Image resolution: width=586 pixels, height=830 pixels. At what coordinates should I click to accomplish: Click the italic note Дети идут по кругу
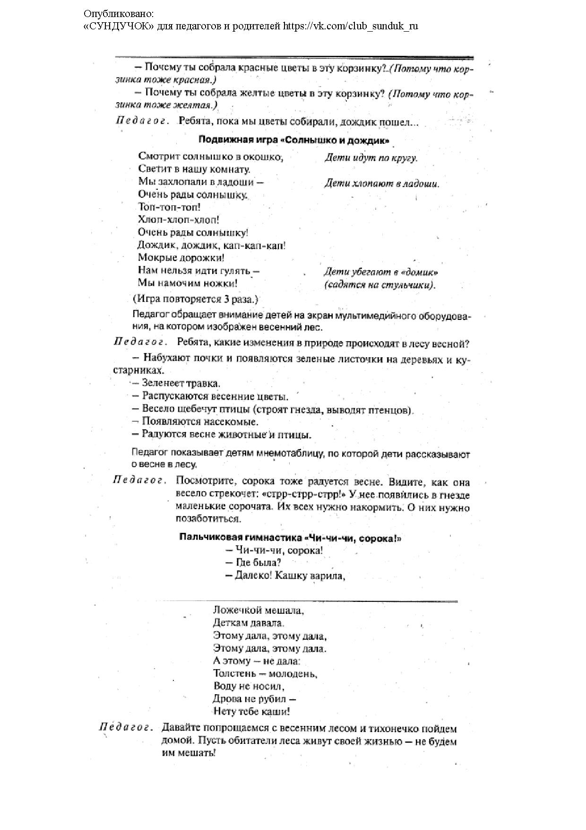pyautogui.click(x=371, y=159)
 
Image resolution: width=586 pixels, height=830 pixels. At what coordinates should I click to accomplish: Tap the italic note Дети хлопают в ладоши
pyautogui.click(x=381, y=184)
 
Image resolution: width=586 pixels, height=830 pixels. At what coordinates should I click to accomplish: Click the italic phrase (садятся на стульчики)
pyautogui.click(x=379, y=285)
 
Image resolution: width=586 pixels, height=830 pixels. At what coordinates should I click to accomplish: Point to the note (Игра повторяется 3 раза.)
pyautogui.click(x=195, y=300)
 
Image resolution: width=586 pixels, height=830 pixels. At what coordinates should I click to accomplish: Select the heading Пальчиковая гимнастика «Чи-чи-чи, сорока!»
pyautogui.click(x=290, y=538)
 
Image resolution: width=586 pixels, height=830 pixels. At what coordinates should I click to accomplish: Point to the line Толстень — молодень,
pyautogui.click(x=265, y=674)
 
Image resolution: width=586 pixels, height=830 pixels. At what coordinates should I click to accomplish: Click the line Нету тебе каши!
pyautogui.click(x=251, y=712)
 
